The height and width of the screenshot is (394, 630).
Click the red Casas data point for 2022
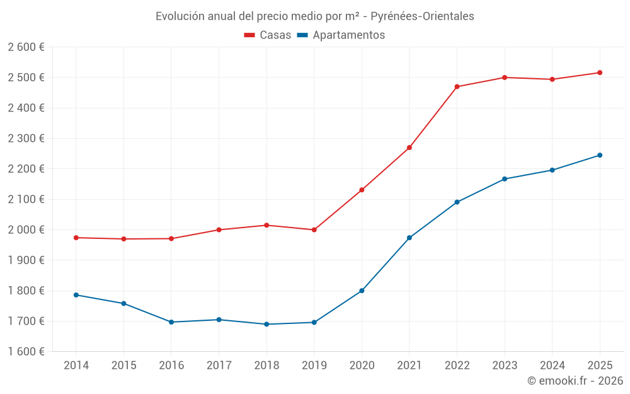(457, 87)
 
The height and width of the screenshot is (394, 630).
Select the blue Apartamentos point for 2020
(362, 291)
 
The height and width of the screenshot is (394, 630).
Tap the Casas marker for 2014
(76, 238)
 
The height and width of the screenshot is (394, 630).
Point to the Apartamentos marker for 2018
(266, 324)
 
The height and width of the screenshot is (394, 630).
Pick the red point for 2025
(600, 72)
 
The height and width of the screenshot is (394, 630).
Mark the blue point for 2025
(600, 155)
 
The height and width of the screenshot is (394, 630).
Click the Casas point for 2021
(409, 148)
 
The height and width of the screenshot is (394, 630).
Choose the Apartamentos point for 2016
(171, 322)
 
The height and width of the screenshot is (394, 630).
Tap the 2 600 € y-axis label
(26, 47)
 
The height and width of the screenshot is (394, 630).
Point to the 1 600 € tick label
(26, 352)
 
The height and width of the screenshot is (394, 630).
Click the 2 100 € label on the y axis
(26, 199)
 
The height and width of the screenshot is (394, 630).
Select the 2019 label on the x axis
(314, 366)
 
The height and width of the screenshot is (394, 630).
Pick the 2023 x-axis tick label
(505, 366)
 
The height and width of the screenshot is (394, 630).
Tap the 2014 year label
(76, 366)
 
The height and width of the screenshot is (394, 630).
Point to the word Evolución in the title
(180, 16)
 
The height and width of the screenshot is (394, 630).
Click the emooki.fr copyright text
(575, 381)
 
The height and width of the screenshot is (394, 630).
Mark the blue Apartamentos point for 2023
(505, 179)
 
